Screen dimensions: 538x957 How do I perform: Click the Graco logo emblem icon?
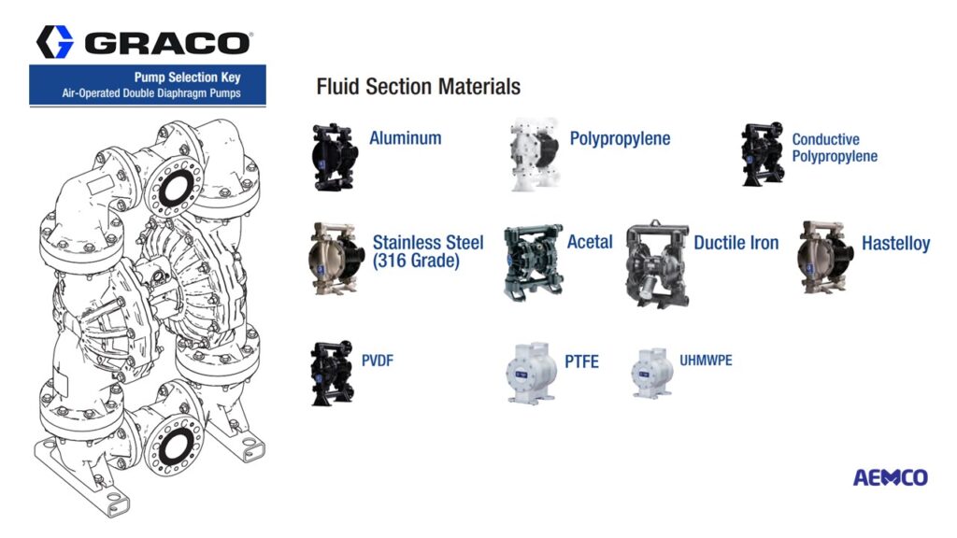point(54,42)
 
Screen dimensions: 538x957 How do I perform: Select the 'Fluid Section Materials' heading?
point(418,87)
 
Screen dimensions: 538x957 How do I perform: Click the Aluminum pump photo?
point(336,156)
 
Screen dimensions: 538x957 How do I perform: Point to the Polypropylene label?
point(620,138)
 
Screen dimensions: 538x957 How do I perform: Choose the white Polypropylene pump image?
point(534,155)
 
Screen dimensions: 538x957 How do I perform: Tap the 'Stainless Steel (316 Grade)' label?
point(427,251)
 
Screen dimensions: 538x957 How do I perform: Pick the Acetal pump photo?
point(533,262)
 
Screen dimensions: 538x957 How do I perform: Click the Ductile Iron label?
point(736,243)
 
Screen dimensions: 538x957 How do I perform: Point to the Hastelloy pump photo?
point(825,257)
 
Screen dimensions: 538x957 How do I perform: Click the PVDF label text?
point(377,360)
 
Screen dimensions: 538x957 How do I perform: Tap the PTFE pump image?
point(532,373)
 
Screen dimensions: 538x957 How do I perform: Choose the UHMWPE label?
point(706,360)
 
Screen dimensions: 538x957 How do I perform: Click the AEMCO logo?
point(890,477)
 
